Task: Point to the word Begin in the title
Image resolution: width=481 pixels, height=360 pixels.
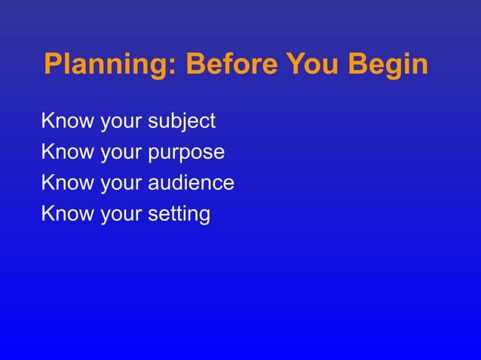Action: click(x=391, y=66)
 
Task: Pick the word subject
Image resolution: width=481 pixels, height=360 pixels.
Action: click(x=182, y=121)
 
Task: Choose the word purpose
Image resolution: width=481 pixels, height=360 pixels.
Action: click(x=187, y=153)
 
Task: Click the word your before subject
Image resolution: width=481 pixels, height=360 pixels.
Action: click(x=120, y=122)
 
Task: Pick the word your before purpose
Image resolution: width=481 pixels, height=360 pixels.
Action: click(x=120, y=154)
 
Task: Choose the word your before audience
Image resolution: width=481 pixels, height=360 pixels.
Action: click(x=120, y=185)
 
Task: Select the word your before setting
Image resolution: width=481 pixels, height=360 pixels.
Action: click(x=120, y=215)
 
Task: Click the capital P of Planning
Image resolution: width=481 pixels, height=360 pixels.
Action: click(x=54, y=65)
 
